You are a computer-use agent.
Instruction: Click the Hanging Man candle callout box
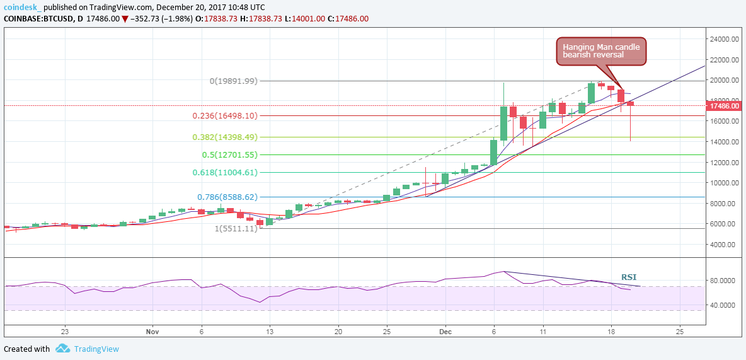coord(601,50)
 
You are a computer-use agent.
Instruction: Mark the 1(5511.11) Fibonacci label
coord(236,228)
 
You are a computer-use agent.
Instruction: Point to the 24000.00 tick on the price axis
coord(723,39)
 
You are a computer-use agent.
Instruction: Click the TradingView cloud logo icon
coord(62,349)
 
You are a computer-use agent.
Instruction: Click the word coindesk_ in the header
coord(23,6)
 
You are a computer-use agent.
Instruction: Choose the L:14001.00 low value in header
coord(304,19)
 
